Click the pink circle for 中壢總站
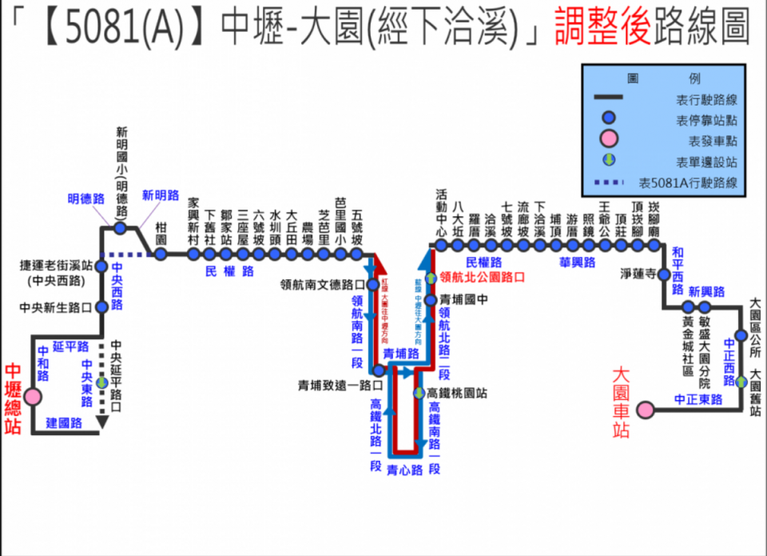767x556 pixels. [x=33, y=397]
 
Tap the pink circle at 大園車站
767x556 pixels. [x=645, y=410]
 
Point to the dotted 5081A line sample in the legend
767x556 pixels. [x=610, y=183]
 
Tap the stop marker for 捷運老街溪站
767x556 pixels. [x=101, y=266]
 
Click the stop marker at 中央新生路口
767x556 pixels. [x=101, y=306]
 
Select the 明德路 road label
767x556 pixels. [x=86, y=198]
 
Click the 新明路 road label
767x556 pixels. [x=161, y=195]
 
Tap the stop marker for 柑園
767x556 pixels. [x=161, y=254]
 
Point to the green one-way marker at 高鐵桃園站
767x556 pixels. [x=419, y=393]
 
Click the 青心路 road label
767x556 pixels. [x=403, y=470]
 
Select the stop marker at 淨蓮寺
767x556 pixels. [x=663, y=274]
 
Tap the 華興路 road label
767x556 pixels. [x=577, y=262]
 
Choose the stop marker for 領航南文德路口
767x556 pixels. [x=372, y=284]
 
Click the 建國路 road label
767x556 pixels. [x=64, y=423]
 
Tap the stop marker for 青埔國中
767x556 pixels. [x=431, y=300]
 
